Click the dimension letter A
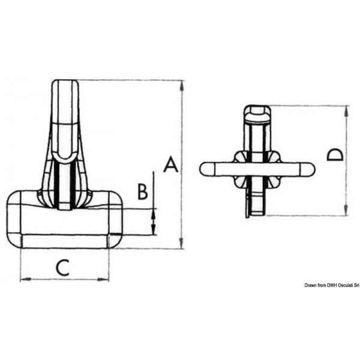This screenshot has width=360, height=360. coord(171,164)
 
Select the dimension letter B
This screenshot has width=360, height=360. coord(142,191)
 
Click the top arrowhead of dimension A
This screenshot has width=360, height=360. coord(181,83)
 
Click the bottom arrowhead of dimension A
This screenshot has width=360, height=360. coord(181,244)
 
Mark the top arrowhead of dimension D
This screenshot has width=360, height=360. coord(346,110)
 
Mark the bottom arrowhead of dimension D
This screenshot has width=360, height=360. coord(346,212)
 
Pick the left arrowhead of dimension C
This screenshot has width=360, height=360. coord(24,279)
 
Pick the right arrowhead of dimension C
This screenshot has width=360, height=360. coord(106,279)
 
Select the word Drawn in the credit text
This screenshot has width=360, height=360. coord(310,285)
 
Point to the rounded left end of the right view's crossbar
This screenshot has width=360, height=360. coord(204,169)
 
